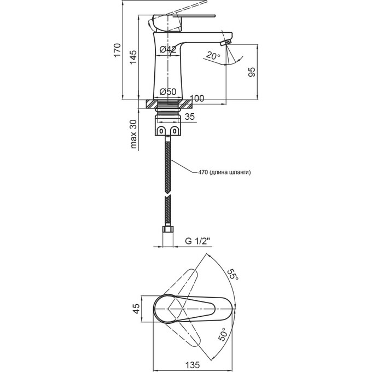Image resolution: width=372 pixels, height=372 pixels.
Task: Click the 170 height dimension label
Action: click(117, 50)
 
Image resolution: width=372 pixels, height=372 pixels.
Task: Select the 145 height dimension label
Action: click(133, 57)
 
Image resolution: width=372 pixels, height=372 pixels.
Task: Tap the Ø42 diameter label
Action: click(168, 49)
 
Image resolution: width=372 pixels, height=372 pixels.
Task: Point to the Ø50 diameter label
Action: click(168, 91)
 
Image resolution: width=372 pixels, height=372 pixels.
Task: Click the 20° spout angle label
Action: click(213, 56)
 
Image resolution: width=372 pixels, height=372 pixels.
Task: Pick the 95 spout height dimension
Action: click(252, 72)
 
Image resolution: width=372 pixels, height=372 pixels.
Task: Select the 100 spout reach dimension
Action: click(197, 98)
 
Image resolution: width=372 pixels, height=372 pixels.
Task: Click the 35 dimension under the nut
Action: click(190, 117)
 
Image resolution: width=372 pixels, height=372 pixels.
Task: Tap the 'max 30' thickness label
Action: click(133, 134)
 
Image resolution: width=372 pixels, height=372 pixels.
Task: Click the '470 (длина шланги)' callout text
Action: click(224, 172)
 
